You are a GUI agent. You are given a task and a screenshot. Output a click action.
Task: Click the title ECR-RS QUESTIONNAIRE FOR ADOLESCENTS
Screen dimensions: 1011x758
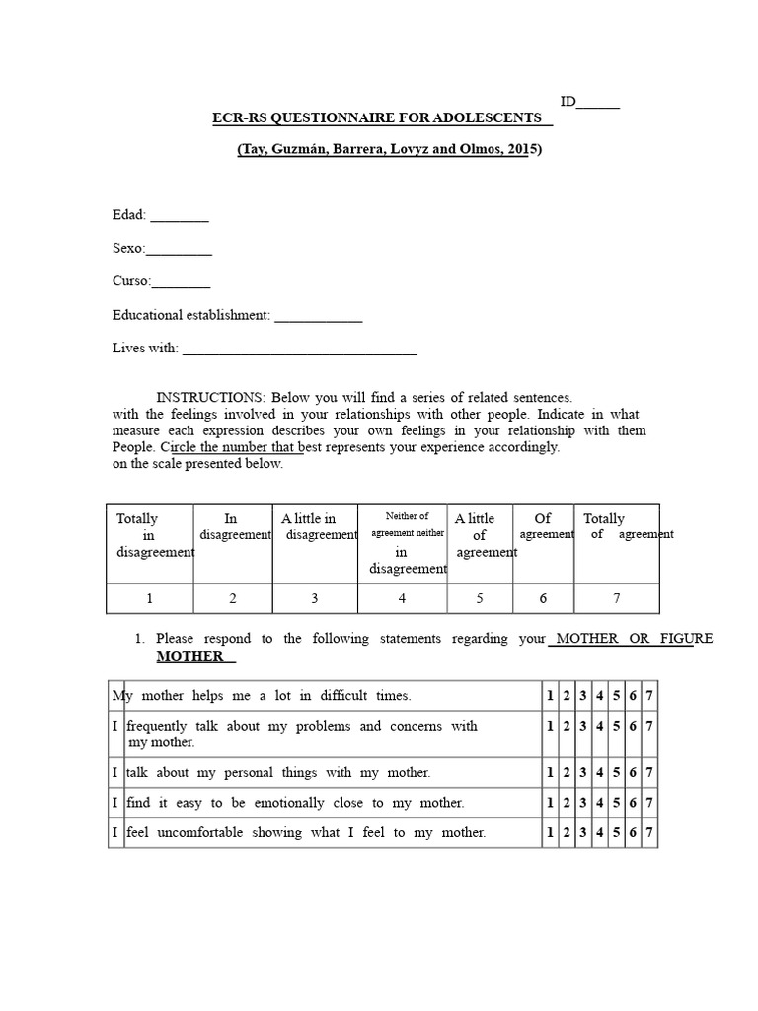click(x=380, y=118)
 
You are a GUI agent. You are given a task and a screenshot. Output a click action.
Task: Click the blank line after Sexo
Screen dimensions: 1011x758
click(x=179, y=250)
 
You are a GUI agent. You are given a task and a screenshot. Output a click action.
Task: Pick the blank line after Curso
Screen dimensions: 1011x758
click(x=181, y=283)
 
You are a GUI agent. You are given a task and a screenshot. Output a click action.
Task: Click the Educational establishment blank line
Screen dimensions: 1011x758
click(x=318, y=318)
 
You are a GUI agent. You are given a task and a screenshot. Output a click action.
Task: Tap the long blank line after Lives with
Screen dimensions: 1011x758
click(x=300, y=350)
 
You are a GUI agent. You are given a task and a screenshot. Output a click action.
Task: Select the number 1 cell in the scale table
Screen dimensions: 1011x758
click(x=150, y=597)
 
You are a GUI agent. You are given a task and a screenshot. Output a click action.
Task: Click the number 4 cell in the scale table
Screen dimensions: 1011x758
click(x=401, y=597)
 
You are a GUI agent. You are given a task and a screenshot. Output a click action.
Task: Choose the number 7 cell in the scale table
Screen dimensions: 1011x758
click(x=617, y=597)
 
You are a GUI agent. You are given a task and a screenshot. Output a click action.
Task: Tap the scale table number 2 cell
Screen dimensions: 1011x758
click(x=233, y=597)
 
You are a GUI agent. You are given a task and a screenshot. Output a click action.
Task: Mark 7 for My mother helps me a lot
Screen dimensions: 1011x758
click(x=648, y=696)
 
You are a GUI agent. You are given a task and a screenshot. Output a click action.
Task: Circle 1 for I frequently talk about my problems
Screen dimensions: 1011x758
click(x=550, y=726)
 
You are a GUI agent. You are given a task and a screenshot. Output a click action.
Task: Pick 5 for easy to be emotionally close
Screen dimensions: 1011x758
click(x=616, y=803)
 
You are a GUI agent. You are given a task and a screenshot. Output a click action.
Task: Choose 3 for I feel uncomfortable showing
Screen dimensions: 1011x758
click(x=583, y=832)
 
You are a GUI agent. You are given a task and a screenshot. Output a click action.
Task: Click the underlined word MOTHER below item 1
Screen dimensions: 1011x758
click(x=189, y=656)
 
